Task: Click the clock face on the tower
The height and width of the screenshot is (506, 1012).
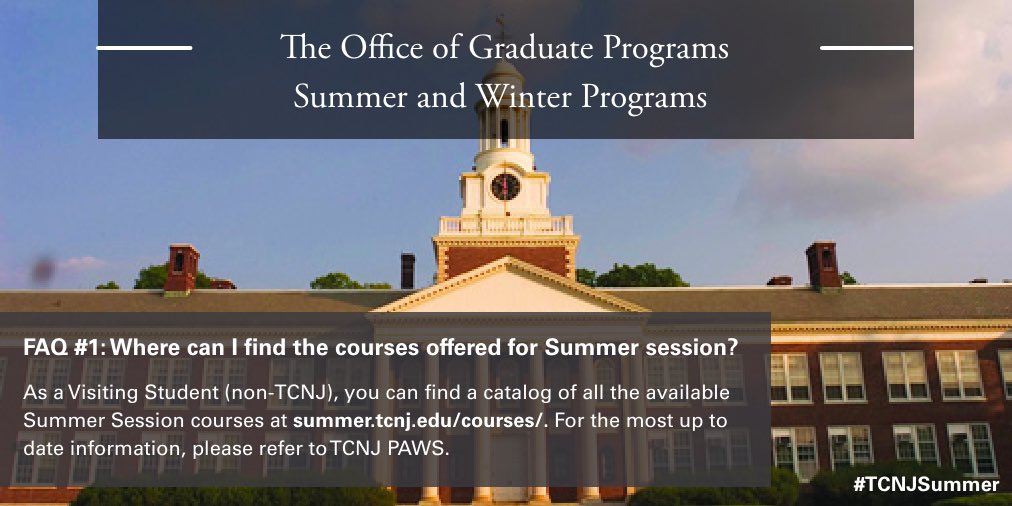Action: point(506,186)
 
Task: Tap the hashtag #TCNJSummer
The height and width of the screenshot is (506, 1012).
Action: point(925,485)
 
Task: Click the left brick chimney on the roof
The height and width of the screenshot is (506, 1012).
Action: point(182,268)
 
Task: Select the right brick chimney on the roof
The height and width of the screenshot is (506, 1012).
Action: point(823,264)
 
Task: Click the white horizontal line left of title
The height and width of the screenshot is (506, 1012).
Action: point(144,47)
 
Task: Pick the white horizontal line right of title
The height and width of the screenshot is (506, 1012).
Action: point(866,47)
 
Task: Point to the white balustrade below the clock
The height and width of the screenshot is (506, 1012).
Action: point(506,226)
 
